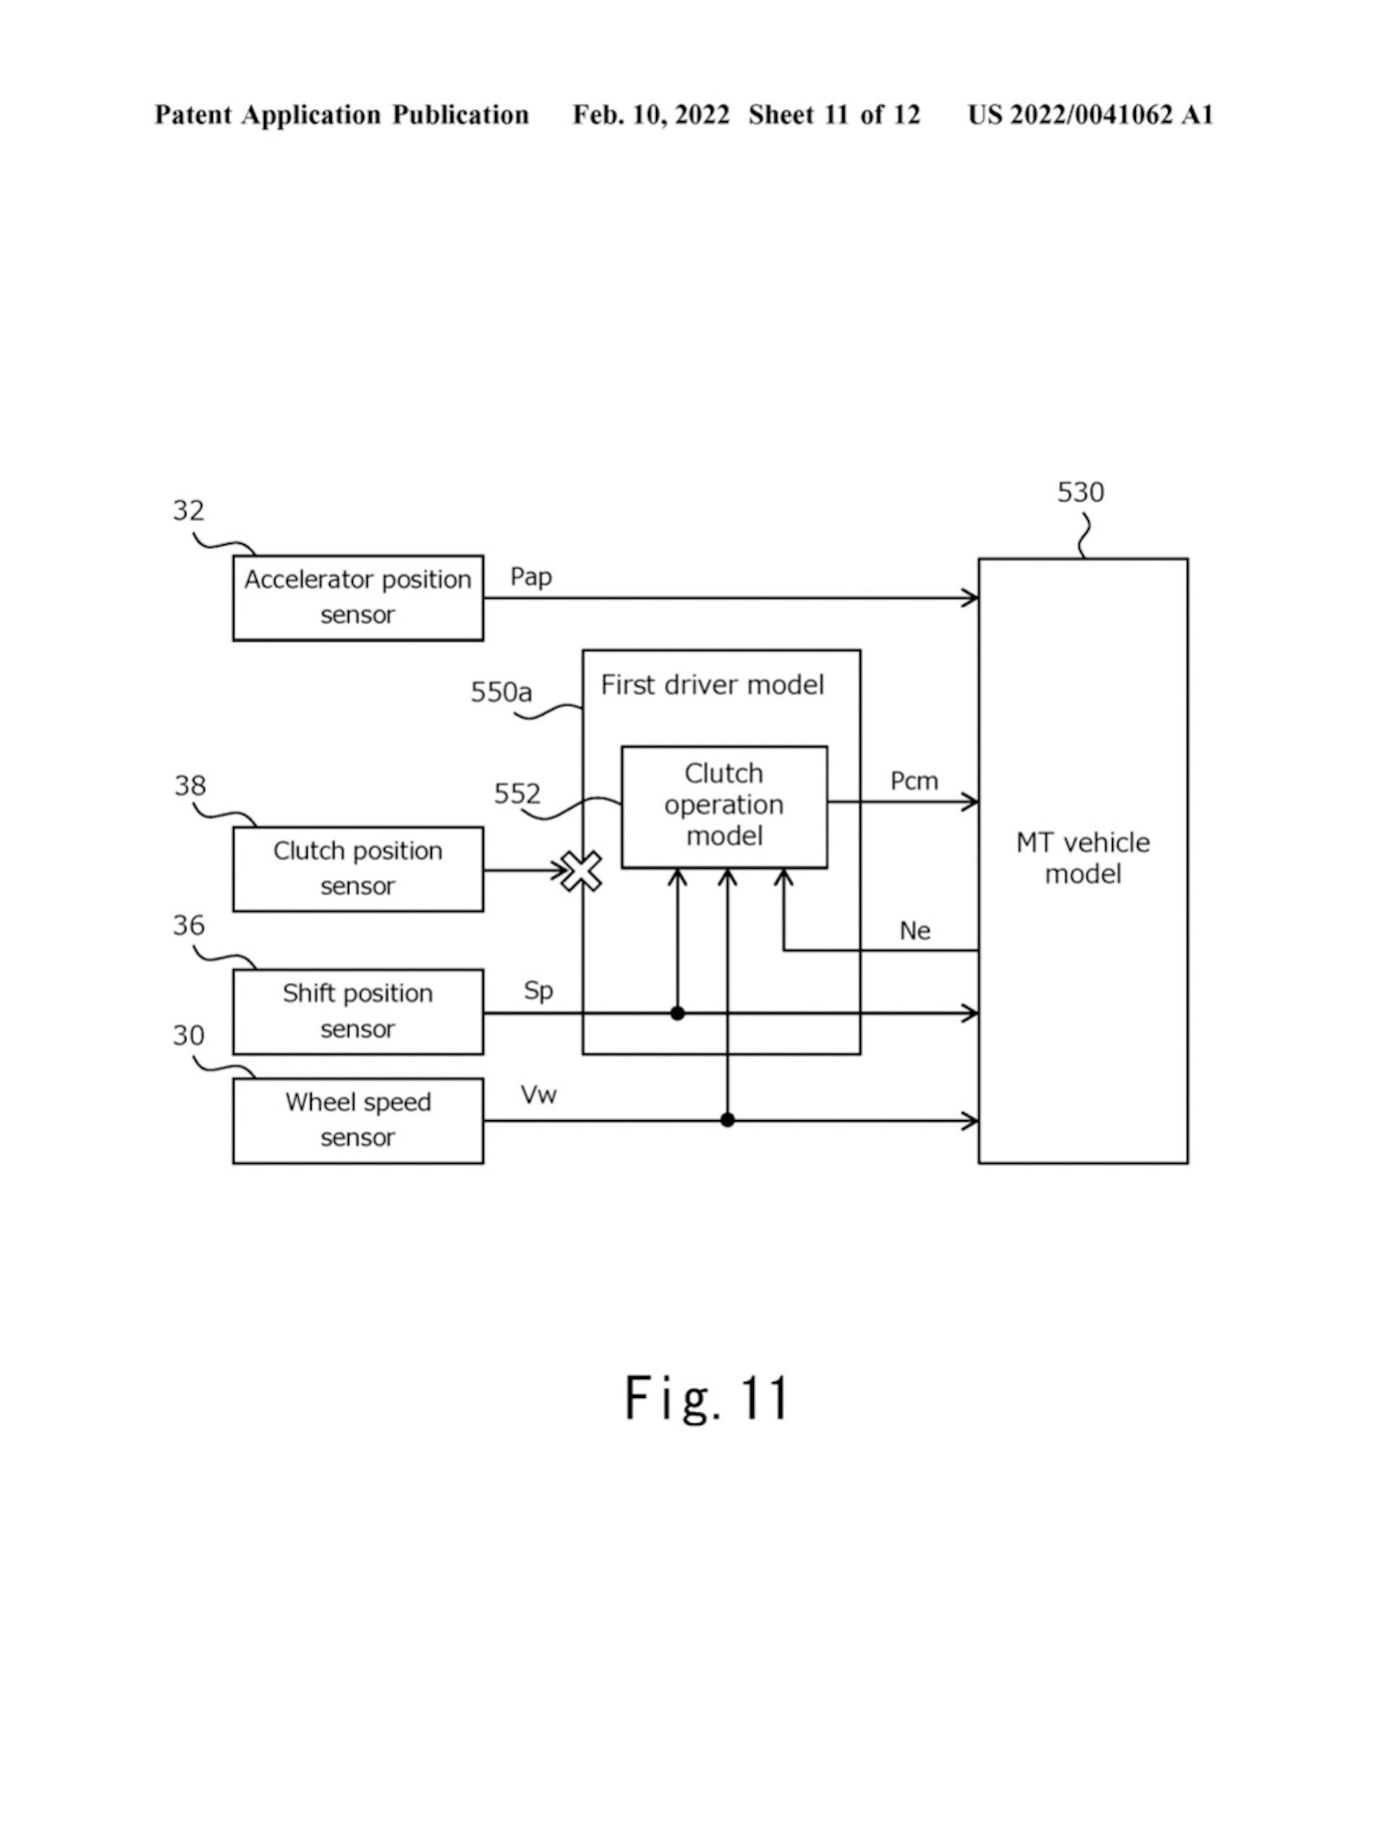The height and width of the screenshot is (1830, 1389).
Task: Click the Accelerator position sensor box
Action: [357, 597]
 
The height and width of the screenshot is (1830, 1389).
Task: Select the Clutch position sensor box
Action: [357, 868]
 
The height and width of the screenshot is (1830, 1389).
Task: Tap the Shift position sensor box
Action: [357, 1011]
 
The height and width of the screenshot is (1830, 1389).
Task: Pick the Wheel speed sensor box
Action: [357, 1120]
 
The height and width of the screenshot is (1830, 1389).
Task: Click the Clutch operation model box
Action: [724, 806]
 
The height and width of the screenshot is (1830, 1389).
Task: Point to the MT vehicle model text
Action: [1082, 858]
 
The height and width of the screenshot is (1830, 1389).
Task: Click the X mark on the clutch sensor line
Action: [582, 871]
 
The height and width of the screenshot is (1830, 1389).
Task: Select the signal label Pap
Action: [530, 577]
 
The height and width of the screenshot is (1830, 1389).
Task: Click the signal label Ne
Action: [915, 931]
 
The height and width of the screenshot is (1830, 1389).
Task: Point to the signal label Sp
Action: [538, 991]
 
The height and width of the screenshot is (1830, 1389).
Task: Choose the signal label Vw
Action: [538, 1095]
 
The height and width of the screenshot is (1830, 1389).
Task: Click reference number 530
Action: [1079, 492]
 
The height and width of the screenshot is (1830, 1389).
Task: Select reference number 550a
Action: [501, 692]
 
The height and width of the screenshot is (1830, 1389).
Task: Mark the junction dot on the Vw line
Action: [727, 1120]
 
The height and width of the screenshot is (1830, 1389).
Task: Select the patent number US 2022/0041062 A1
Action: [1089, 115]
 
